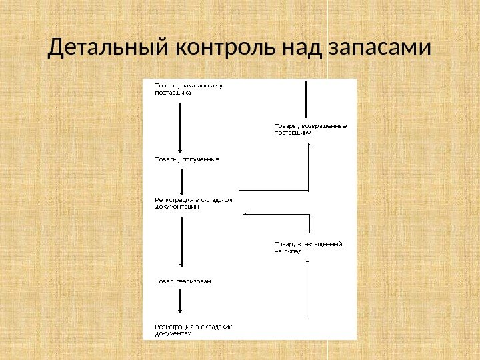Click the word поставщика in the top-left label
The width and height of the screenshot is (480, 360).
click(173, 93)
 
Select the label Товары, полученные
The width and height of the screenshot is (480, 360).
click(187, 160)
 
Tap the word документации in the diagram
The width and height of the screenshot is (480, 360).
click(177, 207)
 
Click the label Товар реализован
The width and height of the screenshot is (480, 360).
click(183, 281)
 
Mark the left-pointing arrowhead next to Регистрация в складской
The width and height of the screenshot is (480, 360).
click(247, 214)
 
